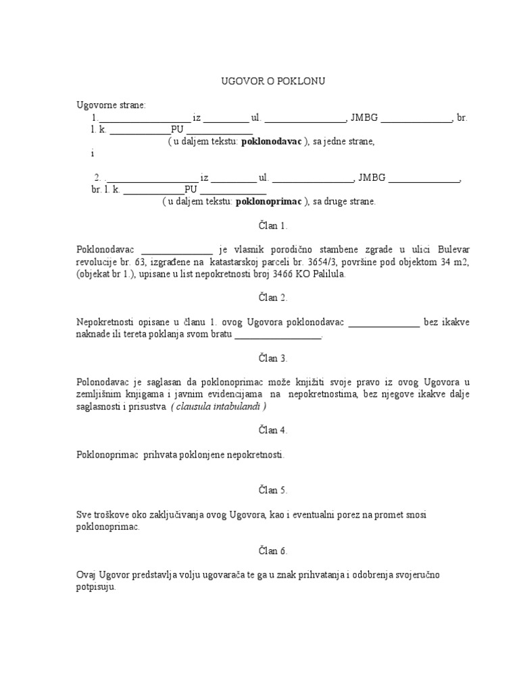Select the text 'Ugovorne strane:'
pyautogui.click(x=111, y=105)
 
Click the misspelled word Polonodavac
pyautogui.click(x=101, y=383)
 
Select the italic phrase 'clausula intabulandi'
pyautogui.click(x=219, y=406)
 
